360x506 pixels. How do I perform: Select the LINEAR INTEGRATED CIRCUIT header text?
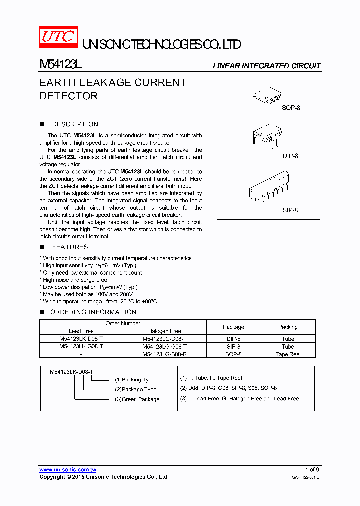click(x=266, y=66)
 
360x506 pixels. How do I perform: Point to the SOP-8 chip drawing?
click(x=270, y=96)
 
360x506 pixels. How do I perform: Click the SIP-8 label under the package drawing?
click(x=290, y=210)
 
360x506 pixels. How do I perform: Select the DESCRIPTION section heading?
click(x=75, y=124)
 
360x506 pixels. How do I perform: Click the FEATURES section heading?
click(x=70, y=247)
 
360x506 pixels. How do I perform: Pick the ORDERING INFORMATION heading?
click(x=93, y=312)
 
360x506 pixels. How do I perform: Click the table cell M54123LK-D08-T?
click(x=81, y=339)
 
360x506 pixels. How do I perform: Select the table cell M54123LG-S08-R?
click(x=164, y=354)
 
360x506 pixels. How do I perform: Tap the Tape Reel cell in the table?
click(x=288, y=354)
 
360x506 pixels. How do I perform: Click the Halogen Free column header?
click(x=164, y=331)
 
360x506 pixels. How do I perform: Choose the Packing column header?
click(x=288, y=327)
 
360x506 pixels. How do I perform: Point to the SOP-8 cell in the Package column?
click(x=233, y=354)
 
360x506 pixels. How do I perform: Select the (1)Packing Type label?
click(x=135, y=380)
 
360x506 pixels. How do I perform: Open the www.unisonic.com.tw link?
click(x=68, y=470)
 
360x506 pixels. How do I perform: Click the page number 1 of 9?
click(x=312, y=470)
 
